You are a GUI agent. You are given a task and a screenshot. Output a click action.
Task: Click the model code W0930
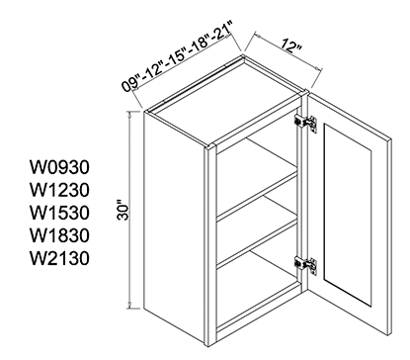point(59,167)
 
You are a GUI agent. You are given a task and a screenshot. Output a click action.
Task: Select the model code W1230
point(59,190)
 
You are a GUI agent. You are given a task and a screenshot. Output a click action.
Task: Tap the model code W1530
point(59,213)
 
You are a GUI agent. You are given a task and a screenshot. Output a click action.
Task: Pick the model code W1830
point(59,235)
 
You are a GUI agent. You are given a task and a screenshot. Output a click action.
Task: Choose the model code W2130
point(59,258)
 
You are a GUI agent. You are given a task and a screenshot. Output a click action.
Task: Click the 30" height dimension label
point(123,210)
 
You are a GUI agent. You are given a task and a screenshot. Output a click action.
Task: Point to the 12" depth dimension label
point(291,45)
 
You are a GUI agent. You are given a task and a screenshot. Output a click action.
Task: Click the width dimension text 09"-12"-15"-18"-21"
point(178,56)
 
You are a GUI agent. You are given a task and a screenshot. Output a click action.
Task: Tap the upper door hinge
point(306,123)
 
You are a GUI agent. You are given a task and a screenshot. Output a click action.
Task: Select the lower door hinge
point(306,265)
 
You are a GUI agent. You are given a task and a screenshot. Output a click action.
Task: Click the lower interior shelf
point(257,241)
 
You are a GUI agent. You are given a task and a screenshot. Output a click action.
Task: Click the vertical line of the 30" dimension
point(130,210)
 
